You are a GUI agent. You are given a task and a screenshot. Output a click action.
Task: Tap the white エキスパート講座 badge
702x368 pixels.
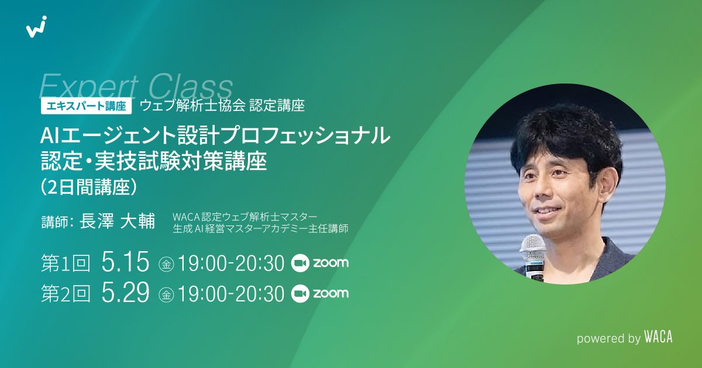(86, 106)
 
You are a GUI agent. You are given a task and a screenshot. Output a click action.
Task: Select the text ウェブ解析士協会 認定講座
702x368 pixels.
(222, 106)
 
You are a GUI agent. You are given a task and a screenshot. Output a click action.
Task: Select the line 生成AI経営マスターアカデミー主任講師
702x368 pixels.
(260, 228)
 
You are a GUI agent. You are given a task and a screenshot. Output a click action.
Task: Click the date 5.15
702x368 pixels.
(125, 263)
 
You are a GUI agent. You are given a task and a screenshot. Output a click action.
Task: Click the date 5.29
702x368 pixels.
(125, 294)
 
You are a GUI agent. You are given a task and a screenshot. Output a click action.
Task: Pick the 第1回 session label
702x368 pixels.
(66, 264)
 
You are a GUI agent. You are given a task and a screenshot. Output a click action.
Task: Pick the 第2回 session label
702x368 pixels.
(66, 294)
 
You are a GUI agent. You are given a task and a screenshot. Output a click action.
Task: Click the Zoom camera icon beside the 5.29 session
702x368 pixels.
(300, 293)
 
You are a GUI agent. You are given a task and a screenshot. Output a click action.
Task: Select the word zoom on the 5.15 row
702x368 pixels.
(331, 263)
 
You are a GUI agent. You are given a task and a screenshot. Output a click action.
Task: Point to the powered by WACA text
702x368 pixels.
(624, 337)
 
